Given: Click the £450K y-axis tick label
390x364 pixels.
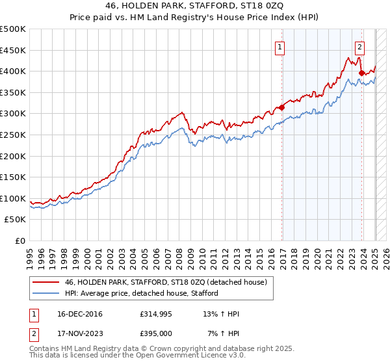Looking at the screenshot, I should click(13, 50).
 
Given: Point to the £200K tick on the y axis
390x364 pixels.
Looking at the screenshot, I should click(13, 156).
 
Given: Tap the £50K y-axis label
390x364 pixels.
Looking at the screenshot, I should click(16, 220).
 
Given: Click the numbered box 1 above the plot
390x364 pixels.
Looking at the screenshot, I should click(279, 47).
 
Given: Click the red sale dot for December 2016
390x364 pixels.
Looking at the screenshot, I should click(281, 108).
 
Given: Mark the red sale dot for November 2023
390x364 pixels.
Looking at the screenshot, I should click(361, 73).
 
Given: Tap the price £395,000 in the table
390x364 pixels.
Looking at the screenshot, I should click(155, 333).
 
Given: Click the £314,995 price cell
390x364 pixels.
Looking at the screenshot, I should click(155, 315).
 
